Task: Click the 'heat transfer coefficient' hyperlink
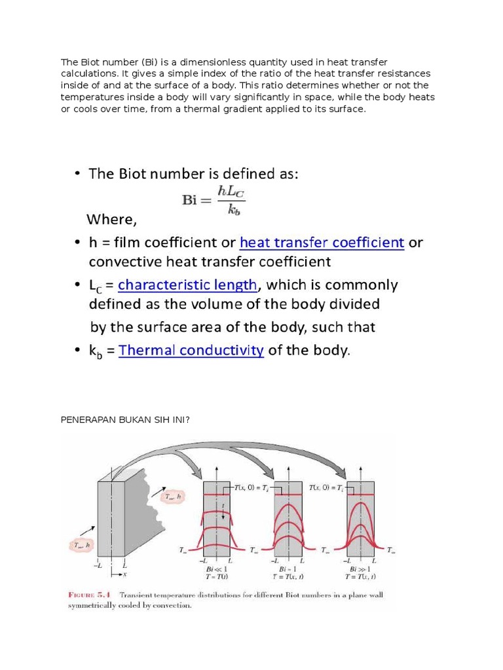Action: click(322, 243)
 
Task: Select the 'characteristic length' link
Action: click(188, 285)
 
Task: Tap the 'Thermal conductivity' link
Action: click(191, 350)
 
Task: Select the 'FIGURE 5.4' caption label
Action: click(90, 595)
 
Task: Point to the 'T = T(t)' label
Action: click(217, 577)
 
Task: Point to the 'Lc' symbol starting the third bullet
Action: click(98, 286)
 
